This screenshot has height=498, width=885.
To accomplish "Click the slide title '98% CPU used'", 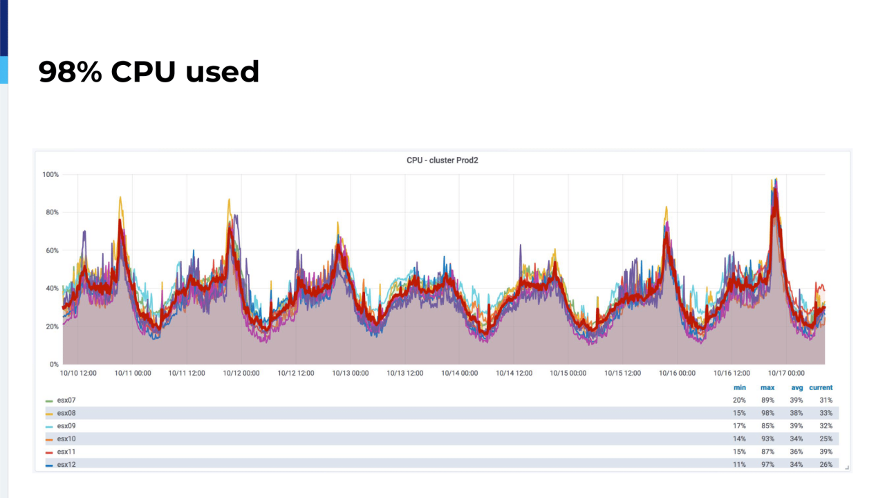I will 149,72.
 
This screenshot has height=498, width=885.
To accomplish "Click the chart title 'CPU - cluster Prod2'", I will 442,160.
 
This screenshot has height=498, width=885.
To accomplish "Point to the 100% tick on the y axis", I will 50,174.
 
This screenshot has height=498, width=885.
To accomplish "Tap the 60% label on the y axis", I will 52,250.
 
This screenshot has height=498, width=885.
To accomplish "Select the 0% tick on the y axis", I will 54,365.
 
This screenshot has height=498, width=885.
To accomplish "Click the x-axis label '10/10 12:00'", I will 78,373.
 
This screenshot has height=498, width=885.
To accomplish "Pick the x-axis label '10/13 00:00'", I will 351,373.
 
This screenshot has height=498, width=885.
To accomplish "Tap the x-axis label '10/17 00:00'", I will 786,373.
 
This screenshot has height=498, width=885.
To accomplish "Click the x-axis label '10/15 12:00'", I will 622,373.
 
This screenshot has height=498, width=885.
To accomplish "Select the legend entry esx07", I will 66,400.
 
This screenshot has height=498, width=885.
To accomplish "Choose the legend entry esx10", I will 66,439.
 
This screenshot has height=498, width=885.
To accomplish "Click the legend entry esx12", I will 66,464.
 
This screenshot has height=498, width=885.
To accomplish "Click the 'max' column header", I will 767,387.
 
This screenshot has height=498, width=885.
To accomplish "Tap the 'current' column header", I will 821,387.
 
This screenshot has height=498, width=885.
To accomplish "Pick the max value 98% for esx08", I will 767,413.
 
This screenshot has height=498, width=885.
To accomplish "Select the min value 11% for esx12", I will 740,464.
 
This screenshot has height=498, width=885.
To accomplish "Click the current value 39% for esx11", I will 826,452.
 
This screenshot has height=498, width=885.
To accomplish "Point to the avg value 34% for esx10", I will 796,439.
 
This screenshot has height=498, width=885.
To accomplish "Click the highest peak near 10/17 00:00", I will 775,179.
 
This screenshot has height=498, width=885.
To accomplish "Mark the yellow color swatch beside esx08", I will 49,414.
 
